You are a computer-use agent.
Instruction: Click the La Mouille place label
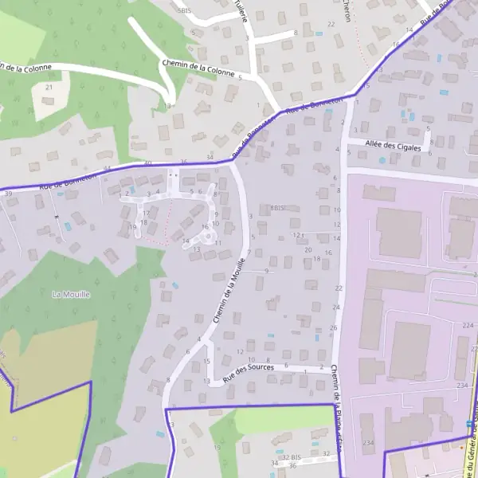coord(71,294)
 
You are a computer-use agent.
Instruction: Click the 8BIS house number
coord(277,208)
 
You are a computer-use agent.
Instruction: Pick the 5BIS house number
coord(186,11)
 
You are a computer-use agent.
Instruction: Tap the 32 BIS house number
coord(291,458)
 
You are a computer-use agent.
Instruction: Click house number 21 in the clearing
coord(49,87)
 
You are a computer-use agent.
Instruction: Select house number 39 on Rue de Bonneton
coord(8,194)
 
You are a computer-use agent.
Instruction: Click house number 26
coord(333,327)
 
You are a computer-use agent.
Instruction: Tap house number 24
coord(335,308)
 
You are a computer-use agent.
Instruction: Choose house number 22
coord(338,288)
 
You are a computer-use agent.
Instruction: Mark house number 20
coord(308,250)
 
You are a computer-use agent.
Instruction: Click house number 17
coord(146,214)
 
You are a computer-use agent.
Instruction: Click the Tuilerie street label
coord(241,11)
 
